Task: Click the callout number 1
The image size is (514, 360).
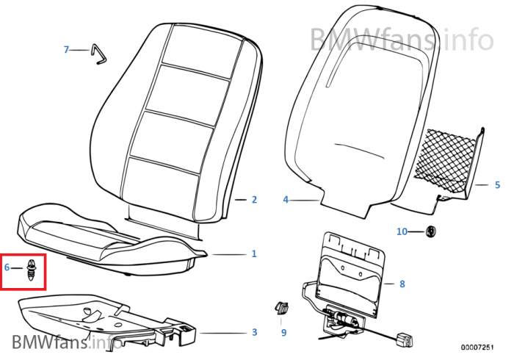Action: (x=254, y=254)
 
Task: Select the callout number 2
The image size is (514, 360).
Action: (x=254, y=199)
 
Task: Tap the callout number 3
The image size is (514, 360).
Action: (x=254, y=333)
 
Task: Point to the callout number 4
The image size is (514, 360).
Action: (x=286, y=199)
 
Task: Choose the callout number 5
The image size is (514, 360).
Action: (x=496, y=185)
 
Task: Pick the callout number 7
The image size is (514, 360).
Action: (x=66, y=50)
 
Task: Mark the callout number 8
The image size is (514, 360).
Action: (x=402, y=284)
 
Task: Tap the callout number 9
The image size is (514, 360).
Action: (x=283, y=333)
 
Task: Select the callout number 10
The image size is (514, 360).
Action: (x=402, y=232)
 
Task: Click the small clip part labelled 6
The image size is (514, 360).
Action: (x=32, y=270)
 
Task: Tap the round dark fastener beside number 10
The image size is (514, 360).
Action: (x=431, y=232)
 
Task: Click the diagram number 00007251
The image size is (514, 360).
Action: (x=481, y=346)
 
